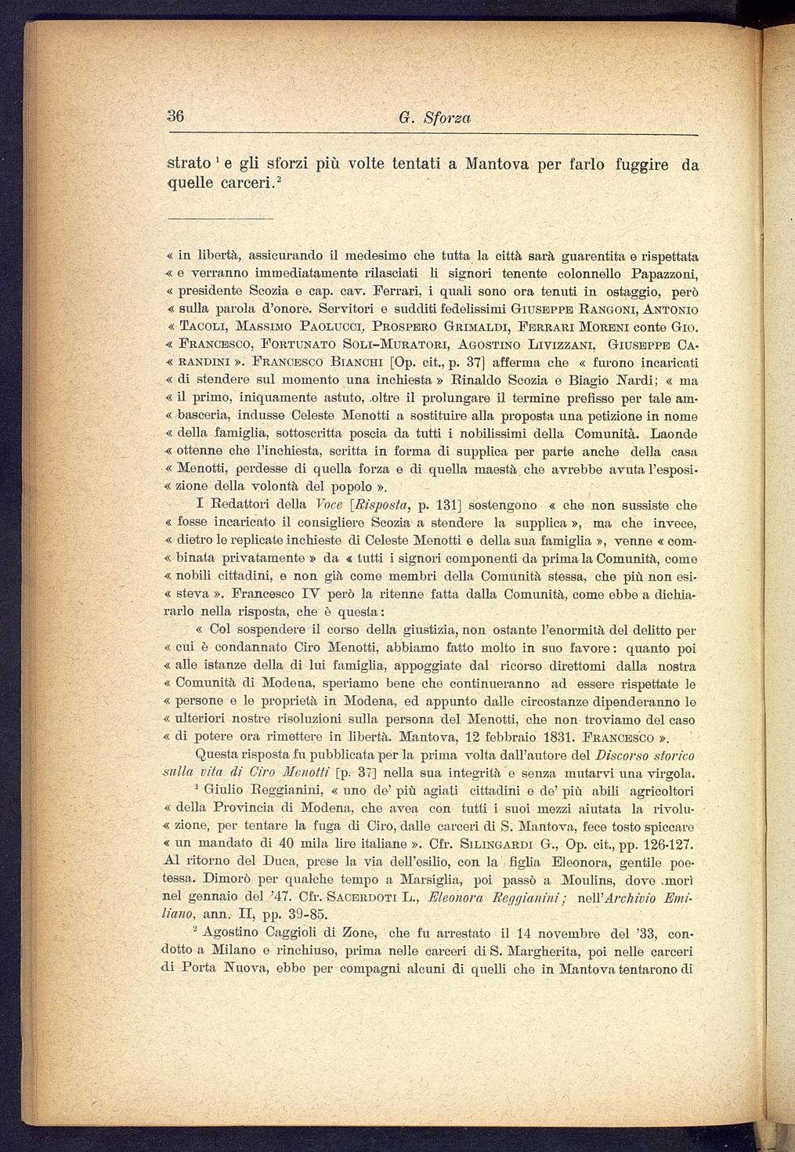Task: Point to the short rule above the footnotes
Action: point(221,217)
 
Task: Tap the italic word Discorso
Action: point(620,756)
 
